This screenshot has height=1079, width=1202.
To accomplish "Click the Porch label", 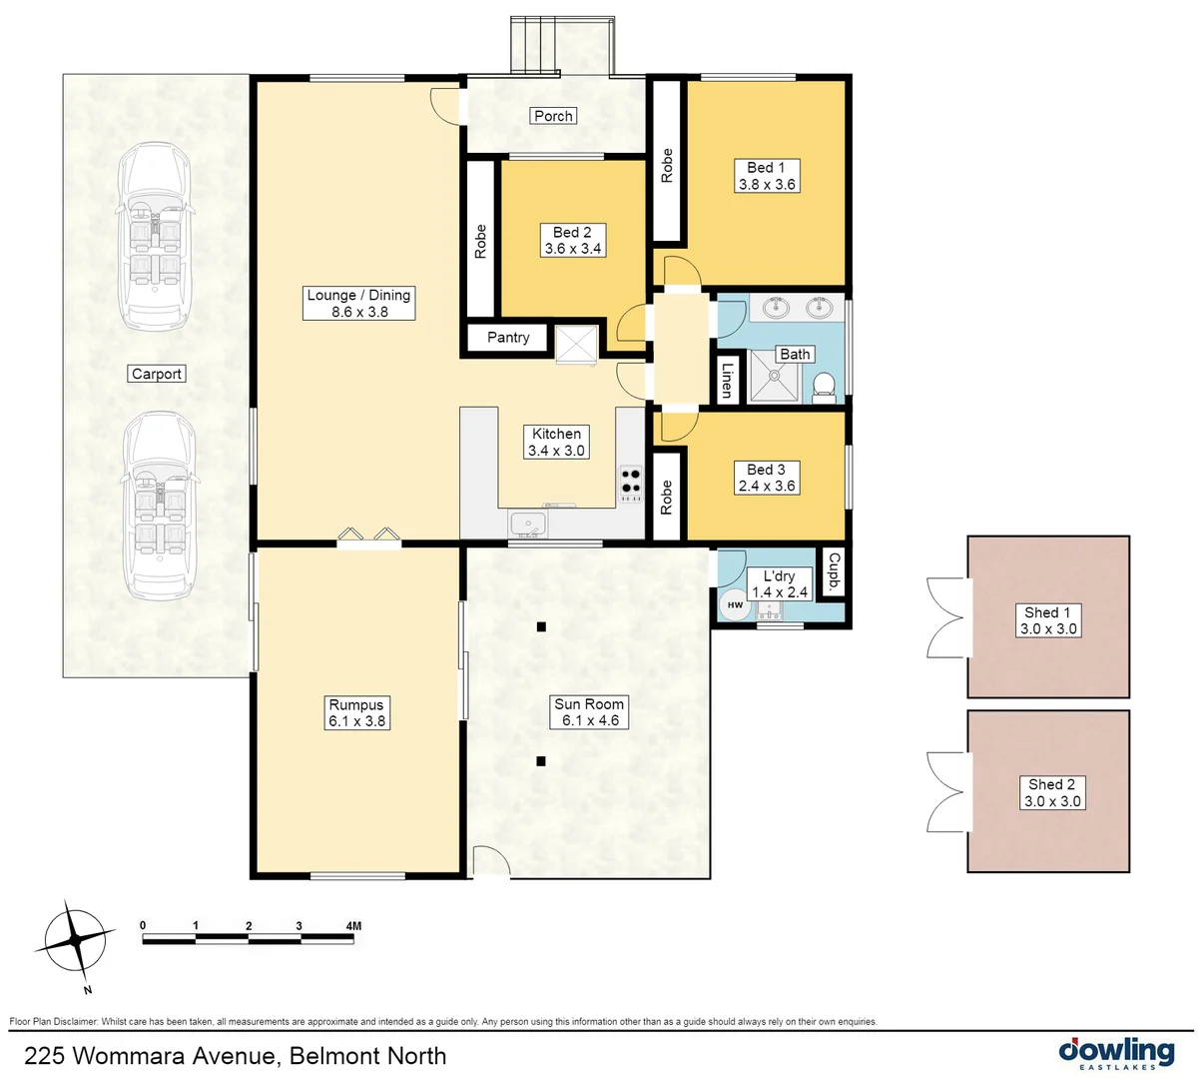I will (x=553, y=116).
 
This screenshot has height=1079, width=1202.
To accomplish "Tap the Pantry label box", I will (x=508, y=338).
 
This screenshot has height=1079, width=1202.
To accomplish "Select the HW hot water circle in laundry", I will (x=736, y=604).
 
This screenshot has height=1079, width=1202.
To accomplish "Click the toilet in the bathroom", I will (x=824, y=386).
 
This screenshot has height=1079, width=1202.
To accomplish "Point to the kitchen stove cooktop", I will (x=631, y=484).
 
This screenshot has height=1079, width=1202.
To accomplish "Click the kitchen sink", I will (x=525, y=523).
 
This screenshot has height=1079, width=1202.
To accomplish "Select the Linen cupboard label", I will (x=727, y=380).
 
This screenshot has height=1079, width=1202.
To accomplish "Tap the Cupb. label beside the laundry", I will (x=834, y=572).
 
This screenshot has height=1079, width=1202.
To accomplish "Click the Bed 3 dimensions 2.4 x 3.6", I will (x=767, y=487).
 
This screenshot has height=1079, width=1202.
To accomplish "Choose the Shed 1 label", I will (x=1047, y=612).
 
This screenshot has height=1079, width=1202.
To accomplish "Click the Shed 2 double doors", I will (x=947, y=791).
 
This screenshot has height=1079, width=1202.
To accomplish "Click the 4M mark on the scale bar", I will (x=352, y=926).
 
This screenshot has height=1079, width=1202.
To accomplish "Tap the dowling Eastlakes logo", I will (x=1116, y=1053).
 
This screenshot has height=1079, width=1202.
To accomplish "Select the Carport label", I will (x=157, y=374).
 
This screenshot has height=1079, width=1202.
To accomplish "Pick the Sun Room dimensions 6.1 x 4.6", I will (x=589, y=720).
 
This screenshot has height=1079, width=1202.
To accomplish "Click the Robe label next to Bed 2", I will (x=480, y=242).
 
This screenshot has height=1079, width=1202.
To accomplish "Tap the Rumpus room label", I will (x=356, y=704).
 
